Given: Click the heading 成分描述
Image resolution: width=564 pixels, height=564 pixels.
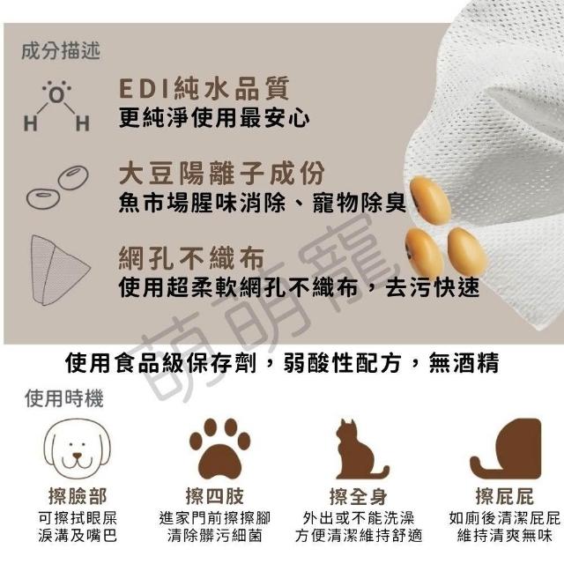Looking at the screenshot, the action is coord(61,51).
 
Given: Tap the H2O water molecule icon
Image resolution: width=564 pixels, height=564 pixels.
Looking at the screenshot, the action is coord(56,106).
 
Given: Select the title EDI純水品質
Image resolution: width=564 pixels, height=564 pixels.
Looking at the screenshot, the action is coord(204,88).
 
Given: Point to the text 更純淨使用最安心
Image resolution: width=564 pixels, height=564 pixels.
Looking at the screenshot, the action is coord(214,117).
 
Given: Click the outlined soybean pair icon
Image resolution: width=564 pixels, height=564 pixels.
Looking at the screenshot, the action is coord(57,187).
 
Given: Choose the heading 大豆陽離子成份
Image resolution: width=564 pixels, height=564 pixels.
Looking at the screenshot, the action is coord(222,173).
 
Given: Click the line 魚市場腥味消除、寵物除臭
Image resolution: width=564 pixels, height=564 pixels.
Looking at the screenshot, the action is coord(263,203).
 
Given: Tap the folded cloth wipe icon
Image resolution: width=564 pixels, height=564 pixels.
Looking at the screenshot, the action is coord(59,271).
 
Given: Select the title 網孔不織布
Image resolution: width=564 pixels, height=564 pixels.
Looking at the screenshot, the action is coord(192,258).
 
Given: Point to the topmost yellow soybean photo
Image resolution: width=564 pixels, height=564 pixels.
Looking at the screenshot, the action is coord(430,200).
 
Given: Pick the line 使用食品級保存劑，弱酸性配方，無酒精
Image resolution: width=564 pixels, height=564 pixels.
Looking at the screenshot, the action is coord(282,362).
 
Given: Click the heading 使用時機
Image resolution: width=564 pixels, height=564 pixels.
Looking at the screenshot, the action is coord(64,398).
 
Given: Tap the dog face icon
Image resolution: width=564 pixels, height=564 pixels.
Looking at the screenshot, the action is coord(77,449).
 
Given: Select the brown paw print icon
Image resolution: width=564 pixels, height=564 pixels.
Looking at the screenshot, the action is coord(219,449).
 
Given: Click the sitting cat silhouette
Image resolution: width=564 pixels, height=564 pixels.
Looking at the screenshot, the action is coord(360,449).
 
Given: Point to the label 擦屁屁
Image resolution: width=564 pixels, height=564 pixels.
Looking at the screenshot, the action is coord(505,497).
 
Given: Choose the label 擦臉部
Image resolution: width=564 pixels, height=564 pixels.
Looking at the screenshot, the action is coord(78,497).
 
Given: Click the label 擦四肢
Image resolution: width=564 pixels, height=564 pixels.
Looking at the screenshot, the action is coord(215,497).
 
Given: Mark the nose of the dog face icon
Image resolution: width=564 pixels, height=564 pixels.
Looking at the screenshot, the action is coord(78,456).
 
